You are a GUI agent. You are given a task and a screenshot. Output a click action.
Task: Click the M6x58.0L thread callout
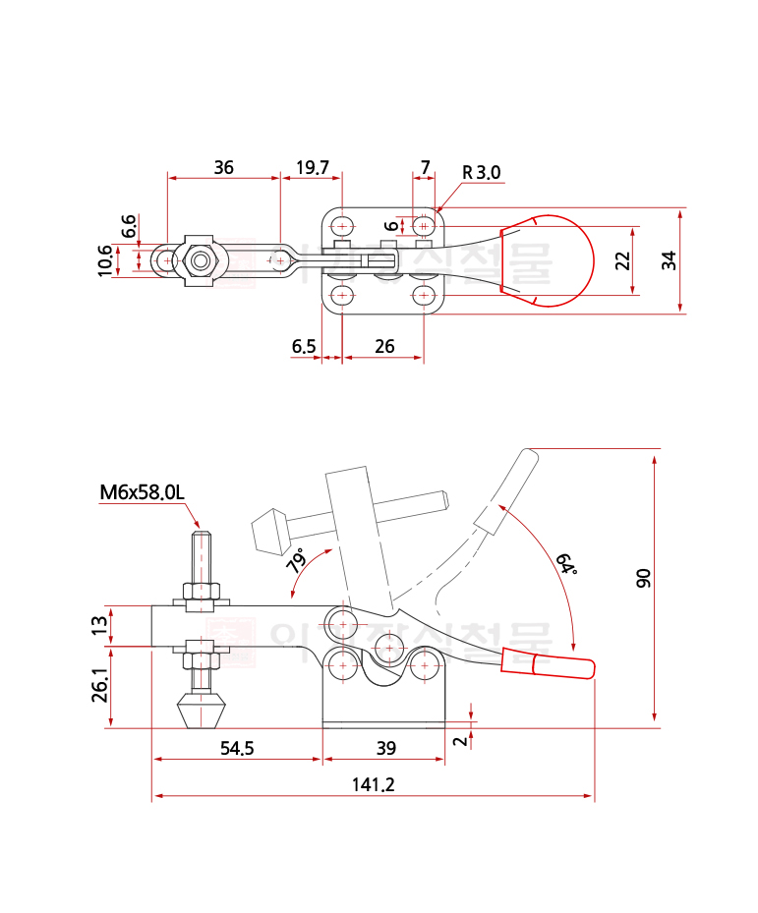(142, 491)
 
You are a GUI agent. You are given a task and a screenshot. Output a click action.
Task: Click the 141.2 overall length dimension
(373, 783)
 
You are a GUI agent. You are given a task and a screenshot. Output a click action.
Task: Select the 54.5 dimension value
(237, 748)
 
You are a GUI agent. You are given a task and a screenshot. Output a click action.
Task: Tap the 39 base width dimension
(385, 748)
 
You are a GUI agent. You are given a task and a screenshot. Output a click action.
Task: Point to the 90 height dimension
(644, 578)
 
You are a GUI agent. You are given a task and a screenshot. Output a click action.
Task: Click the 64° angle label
(566, 564)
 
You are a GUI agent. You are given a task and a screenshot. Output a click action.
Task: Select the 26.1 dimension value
(99, 686)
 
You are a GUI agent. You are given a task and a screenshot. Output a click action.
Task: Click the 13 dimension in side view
(99, 625)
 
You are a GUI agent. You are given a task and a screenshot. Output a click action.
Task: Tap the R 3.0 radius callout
(482, 173)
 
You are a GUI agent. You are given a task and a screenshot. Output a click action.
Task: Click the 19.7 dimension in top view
(312, 167)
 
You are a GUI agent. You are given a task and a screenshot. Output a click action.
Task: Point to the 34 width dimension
(669, 260)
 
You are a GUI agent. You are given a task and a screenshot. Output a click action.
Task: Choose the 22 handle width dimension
(620, 260)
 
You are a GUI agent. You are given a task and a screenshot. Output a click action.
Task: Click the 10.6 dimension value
(105, 261)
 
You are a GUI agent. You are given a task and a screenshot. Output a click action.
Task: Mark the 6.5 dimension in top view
(304, 346)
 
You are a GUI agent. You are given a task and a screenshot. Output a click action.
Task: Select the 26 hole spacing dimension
(384, 346)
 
